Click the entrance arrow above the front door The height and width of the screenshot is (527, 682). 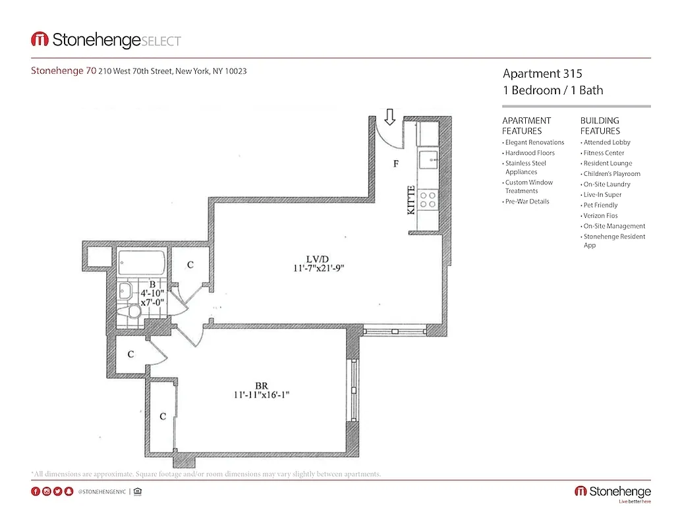tap(389, 117)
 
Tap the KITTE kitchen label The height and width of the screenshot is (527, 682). tap(411, 200)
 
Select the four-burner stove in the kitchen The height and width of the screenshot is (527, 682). tap(429, 200)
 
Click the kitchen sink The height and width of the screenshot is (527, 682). tap(429, 158)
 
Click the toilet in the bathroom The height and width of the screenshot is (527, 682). tap(134, 312)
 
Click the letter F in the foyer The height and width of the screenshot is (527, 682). tap(396, 164)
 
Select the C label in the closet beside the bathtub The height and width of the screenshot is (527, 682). tap(190, 265)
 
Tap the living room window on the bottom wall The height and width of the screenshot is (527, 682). tap(394, 332)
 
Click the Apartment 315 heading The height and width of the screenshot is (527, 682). tap(542, 74)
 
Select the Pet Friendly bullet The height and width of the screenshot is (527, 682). tap(600, 205)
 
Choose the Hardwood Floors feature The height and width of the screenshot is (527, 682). tap(530, 153)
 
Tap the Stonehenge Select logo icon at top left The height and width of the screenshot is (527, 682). tap(40, 40)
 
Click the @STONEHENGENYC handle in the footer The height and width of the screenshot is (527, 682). tap(101, 491)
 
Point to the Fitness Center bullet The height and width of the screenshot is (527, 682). tap(604, 153)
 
